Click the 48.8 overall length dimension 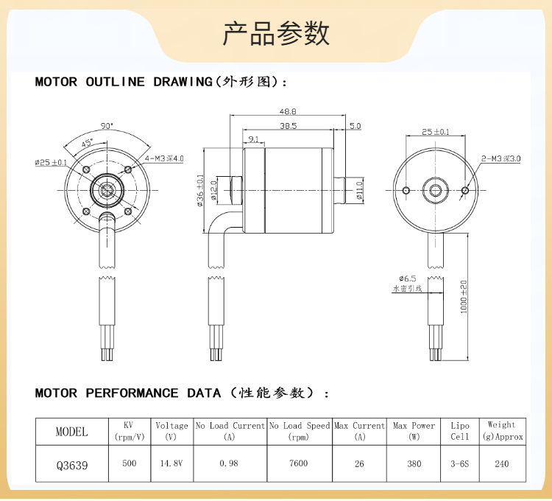tap(288, 111)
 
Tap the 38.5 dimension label tap(288, 126)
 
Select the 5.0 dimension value tap(355, 126)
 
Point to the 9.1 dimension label tap(252, 139)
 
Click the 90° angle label tap(108, 126)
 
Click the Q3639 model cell tap(71, 464)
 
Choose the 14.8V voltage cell tap(171, 464)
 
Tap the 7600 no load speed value tap(299, 464)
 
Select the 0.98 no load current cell tap(229, 464)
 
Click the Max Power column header tap(414, 431)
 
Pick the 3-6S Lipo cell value tap(459, 464)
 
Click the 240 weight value tap(502, 464)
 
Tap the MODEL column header tap(71, 432)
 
